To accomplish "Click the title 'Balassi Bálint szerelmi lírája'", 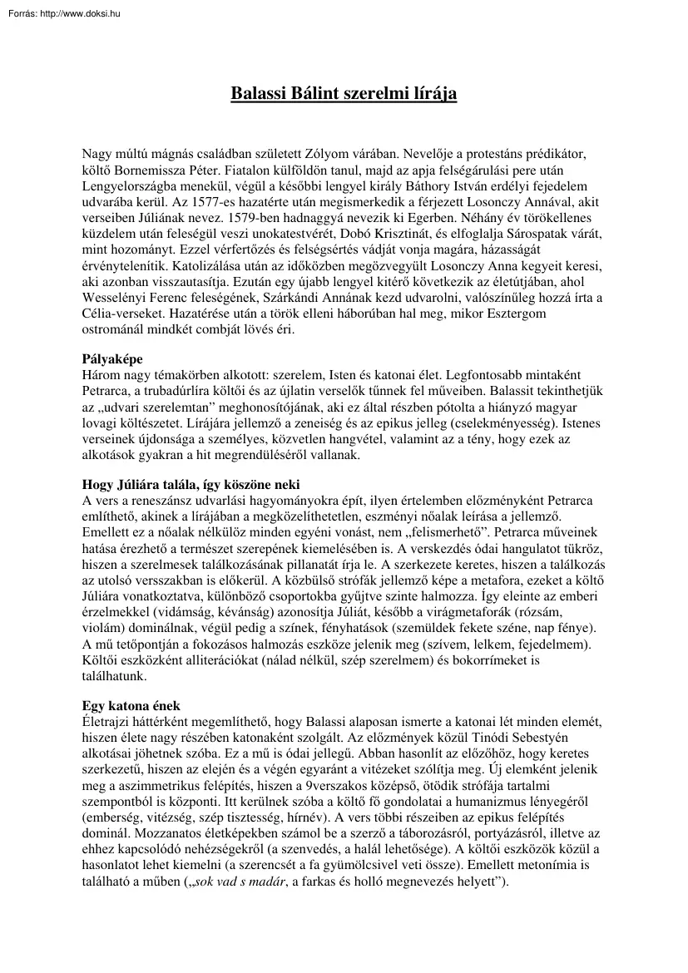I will click(x=344, y=93).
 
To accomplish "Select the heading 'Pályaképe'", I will click(x=112, y=360).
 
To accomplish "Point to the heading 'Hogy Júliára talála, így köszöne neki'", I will click(x=191, y=484).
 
